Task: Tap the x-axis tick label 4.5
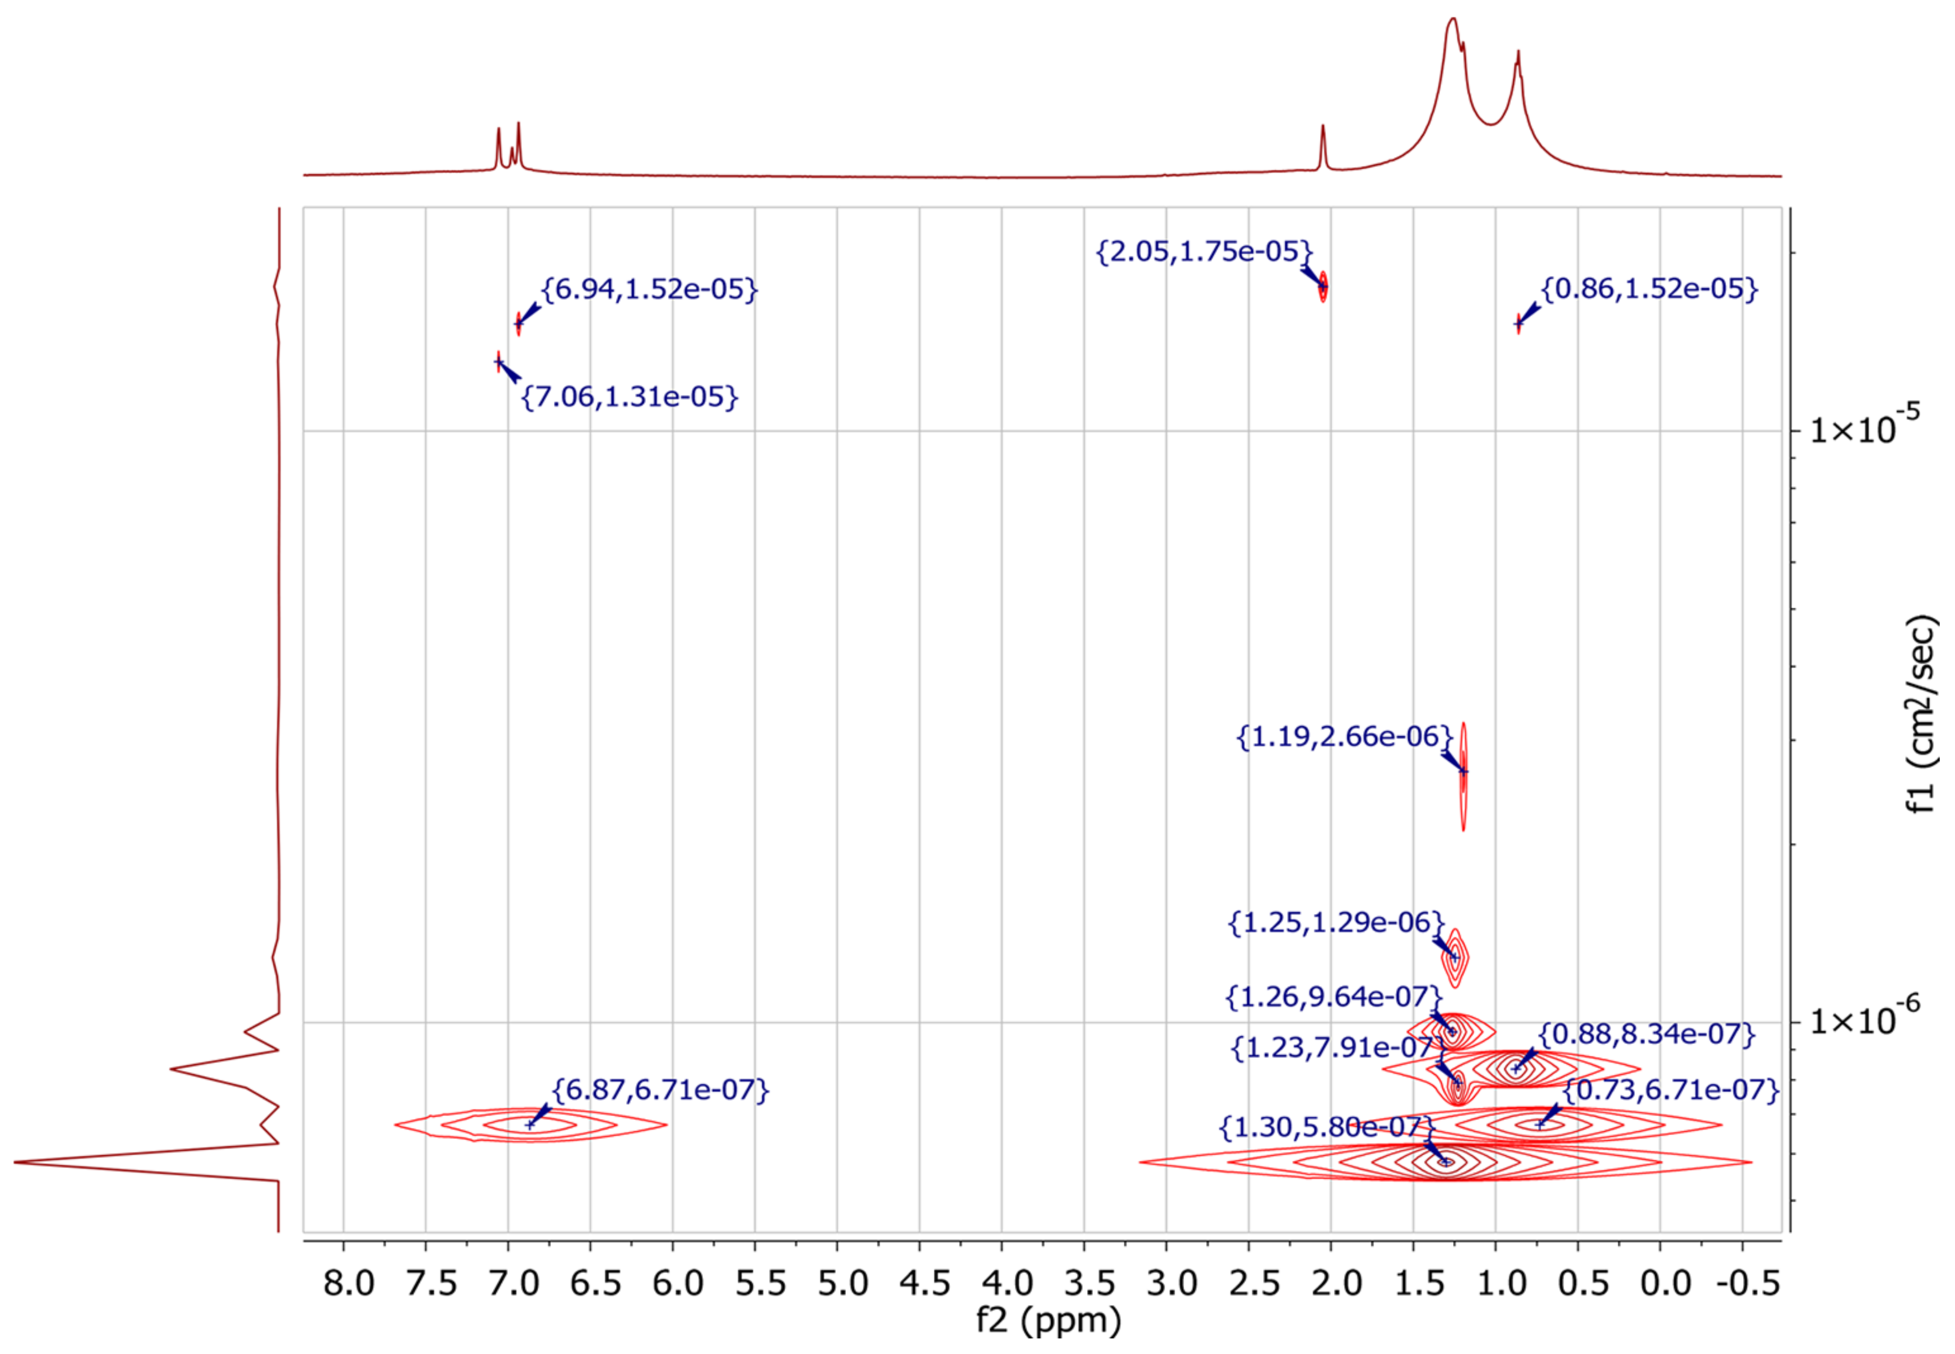pyautogui.click(x=925, y=1283)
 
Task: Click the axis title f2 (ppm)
pyautogui.click(x=1049, y=1320)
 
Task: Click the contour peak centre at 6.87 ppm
pyautogui.click(x=531, y=1125)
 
